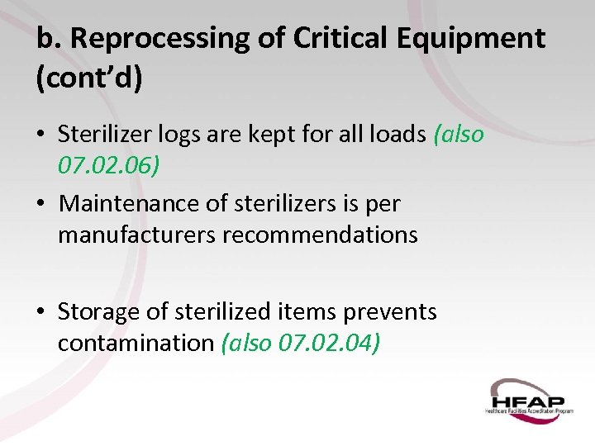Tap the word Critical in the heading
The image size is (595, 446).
(x=302, y=39)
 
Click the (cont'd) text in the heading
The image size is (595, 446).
(x=90, y=79)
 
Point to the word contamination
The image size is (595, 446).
(x=136, y=344)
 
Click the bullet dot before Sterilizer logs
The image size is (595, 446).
(x=40, y=135)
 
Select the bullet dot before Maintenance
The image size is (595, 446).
(x=40, y=204)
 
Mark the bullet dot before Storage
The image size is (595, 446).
(x=40, y=312)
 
